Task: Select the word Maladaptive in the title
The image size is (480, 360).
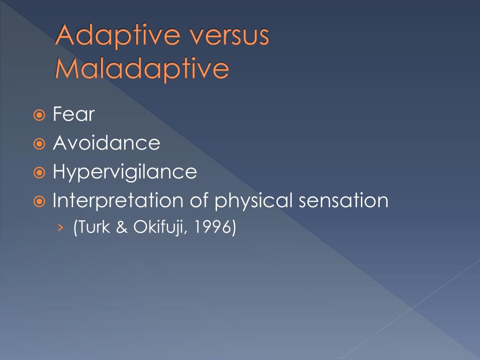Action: [x=142, y=68]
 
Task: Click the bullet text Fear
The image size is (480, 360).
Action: [x=74, y=114]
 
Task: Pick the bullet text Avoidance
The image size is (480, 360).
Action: [x=106, y=143]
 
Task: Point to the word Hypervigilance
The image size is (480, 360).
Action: [x=125, y=172]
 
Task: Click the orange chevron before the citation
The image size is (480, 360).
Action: [x=60, y=227]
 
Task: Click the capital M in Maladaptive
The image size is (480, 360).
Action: [x=66, y=68]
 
